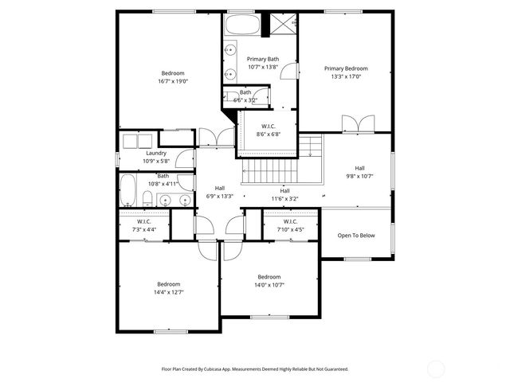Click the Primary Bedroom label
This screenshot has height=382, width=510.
tap(346, 68)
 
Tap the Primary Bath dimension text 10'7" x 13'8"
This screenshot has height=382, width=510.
tap(262, 68)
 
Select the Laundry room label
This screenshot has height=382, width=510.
tap(156, 153)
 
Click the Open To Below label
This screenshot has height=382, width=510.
tap(355, 236)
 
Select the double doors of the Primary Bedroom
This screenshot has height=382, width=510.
tap(356, 124)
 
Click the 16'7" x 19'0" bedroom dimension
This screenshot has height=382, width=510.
tap(173, 81)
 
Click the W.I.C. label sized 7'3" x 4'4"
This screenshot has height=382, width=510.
tap(144, 229)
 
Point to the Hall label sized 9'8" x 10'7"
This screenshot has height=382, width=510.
tap(359, 177)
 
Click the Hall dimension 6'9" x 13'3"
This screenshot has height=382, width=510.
tap(219, 197)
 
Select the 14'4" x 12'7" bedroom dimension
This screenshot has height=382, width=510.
tap(168, 292)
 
